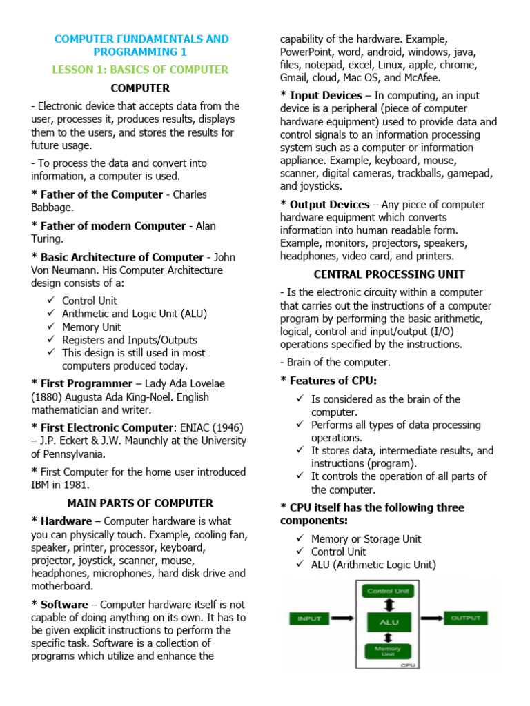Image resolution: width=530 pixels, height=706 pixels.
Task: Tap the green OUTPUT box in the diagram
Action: tap(466, 618)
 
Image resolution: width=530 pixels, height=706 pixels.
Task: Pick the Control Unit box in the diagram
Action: tap(389, 591)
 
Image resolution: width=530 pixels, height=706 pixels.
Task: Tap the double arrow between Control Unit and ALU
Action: tap(389, 604)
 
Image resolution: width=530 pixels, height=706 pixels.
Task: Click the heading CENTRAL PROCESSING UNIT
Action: tap(389, 274)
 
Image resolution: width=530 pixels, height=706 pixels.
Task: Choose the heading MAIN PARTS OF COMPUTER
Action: tap(140, 503)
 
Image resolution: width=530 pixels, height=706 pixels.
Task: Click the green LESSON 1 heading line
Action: tap(140, 70)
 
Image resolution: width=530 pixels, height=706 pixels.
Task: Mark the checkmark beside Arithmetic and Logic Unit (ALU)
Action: tap(52, 314)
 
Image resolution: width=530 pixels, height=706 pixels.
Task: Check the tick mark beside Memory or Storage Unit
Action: tap(300, 539)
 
